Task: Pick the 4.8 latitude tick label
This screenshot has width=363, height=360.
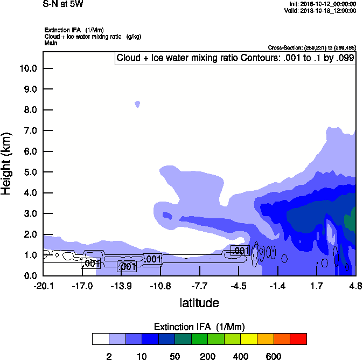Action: (355, 285)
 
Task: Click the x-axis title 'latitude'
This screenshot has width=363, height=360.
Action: (199, 303)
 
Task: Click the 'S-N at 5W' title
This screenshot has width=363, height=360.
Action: (63, 4)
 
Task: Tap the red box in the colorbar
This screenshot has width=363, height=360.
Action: (298, 338)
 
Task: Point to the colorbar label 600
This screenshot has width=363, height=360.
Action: (274, 357)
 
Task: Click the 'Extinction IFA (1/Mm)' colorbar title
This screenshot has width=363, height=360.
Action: (199, 327)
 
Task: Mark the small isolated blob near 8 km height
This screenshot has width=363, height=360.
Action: (137, 103)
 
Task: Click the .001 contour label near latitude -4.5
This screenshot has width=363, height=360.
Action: (240, 251)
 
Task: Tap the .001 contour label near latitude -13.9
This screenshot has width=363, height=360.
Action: (127, 266)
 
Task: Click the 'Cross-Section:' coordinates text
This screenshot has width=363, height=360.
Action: (311, 47)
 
